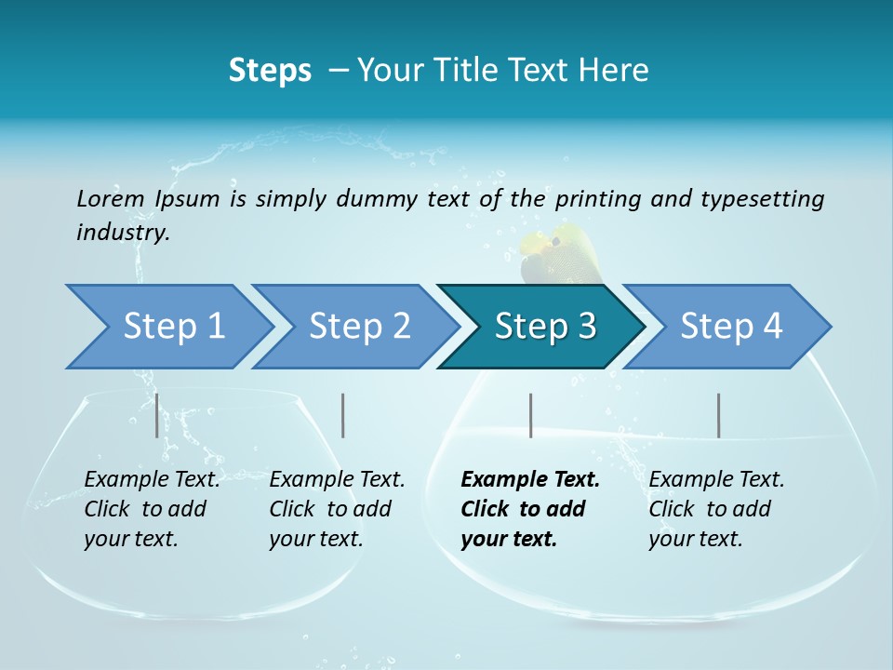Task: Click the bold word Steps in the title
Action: pos(270,71)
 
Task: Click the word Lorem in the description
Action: pos(110,198)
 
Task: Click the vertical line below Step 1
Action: pos(156,415)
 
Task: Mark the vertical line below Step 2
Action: pos(343,415)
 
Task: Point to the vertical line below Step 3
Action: pos(530,415)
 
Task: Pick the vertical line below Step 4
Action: pos(718,415)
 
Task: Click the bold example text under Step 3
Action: pos(528,509)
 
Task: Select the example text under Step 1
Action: pos(151,509)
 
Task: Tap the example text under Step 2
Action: pos(336,509)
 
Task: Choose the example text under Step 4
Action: pos(715,509)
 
